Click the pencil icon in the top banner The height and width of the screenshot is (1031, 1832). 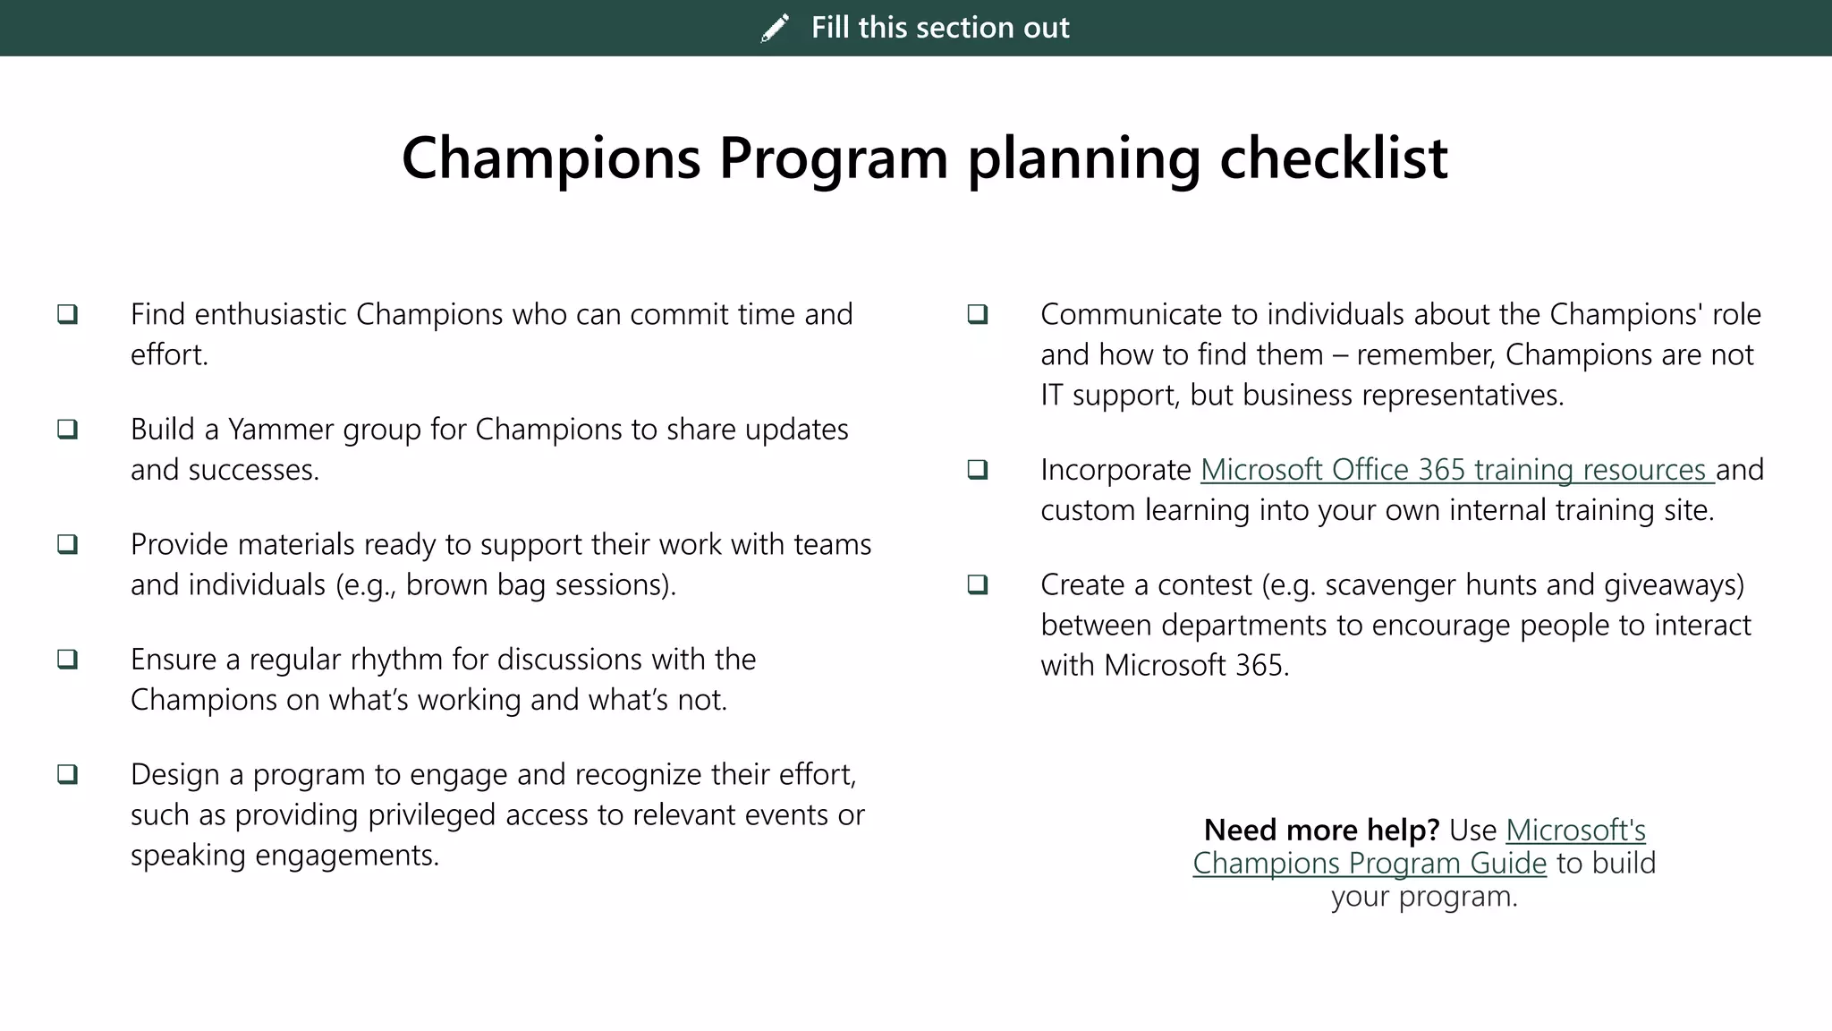[775, 28]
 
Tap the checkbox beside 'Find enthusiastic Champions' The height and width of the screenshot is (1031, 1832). [68, 314]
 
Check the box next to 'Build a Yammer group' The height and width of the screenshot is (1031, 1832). [68, 429]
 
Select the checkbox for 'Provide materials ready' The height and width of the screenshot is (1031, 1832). [68, 544]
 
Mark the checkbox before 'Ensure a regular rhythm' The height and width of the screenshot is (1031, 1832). [68, 659]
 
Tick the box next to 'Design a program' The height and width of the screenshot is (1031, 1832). [68, 774]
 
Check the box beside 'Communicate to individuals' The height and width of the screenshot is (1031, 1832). [978, 314]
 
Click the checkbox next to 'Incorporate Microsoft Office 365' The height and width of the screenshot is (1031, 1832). [978, 469]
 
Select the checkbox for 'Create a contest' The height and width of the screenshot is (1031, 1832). [978, 584]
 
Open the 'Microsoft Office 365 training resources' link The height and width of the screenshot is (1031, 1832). [1456, 470]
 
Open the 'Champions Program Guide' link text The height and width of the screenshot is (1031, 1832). [1369, 864]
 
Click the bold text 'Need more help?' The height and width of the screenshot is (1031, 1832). [1320, 831]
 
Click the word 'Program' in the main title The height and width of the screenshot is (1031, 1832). [833, 158]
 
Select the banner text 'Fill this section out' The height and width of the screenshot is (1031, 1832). [939, 28]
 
